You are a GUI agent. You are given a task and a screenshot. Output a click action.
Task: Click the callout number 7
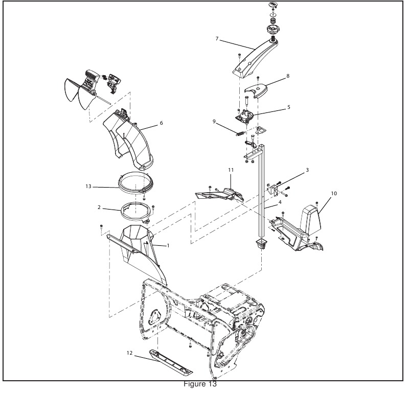[217, 39]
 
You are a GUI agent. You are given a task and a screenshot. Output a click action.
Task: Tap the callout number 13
[88, 187]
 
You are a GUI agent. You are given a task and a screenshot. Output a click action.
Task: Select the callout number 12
[130, 353]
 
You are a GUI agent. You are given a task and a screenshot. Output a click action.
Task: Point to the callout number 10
[334, 194]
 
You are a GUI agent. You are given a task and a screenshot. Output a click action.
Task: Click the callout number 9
[214, 122]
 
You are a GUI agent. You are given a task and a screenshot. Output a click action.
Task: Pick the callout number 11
[231, 170]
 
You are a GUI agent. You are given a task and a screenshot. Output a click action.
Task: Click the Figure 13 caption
[200, 384]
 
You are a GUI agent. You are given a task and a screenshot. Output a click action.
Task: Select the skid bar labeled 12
[171, 362]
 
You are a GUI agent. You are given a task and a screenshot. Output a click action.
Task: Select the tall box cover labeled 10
[310, 218]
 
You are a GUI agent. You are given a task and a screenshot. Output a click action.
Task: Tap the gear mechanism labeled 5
[245, 115]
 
